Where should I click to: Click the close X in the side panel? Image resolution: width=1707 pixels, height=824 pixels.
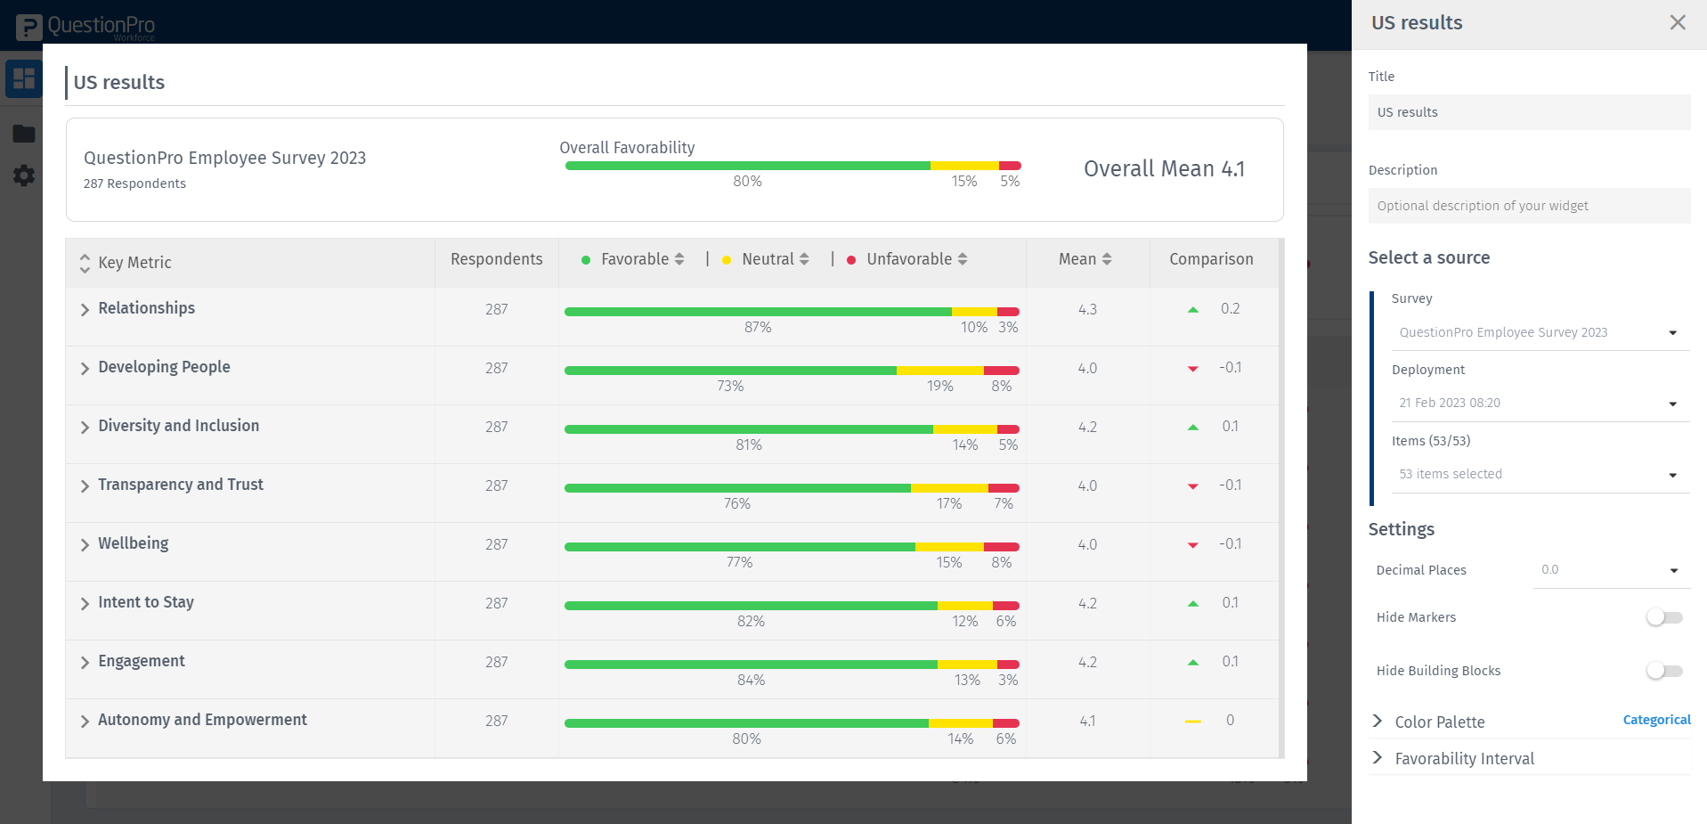[x=1677, y=22]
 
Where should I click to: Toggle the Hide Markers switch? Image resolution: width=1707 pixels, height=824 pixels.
[x=1663, y=617]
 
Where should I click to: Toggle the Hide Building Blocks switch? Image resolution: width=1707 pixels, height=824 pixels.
[x=1663, y=671]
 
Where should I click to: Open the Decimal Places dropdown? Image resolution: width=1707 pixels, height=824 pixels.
[x=1610, y=570]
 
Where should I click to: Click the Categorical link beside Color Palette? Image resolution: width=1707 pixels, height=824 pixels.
[x=1655, y=720]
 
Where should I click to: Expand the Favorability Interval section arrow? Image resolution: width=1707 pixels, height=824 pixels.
[x=1378, y=758]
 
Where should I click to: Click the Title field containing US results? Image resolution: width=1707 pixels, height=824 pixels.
[x=1528, y=112]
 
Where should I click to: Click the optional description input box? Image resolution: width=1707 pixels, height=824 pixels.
[x=1528, y=206]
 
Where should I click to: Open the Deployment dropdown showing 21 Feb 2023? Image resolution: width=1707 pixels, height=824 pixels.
[x=1539, y=404]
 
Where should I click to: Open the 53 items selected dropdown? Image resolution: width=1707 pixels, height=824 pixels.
[x=1539, y=475]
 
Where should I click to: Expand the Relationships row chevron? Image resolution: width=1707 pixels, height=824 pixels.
[x=85, y=309]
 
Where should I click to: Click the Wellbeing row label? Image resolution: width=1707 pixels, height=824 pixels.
[x=134, y=543]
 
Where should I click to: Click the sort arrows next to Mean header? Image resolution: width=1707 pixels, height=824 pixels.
[x=1107, y=259]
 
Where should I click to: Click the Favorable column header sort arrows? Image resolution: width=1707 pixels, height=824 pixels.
[x=679, y=259]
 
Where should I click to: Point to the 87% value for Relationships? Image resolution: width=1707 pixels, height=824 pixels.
[x=758, y=328]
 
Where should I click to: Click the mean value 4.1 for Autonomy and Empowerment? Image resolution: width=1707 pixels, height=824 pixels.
[x=1087, y=721]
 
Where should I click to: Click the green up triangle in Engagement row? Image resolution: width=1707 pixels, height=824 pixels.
[x=1193, y=663]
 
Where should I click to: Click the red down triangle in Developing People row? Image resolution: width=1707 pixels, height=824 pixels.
[x=1193, y=369]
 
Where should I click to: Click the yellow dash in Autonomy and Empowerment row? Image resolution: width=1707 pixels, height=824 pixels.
[x=1193, y=721]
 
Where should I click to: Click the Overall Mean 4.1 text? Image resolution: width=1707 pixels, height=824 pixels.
[x=1163, y=169]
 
